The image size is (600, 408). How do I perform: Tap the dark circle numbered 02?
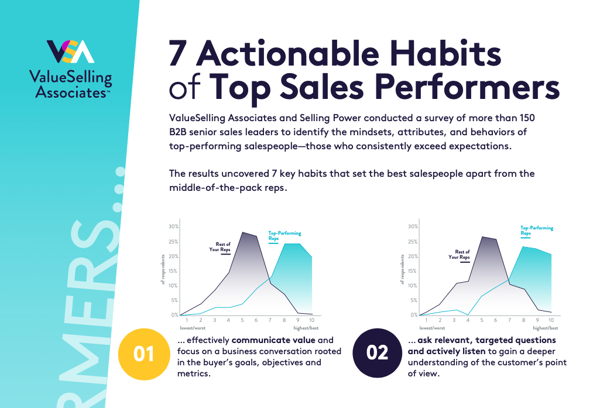(x=378, y=352)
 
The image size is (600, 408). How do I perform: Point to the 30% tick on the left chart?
(x=173, y=227)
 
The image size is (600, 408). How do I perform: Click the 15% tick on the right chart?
(x=413, y=271)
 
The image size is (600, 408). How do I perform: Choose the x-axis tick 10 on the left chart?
(x=312, y=321)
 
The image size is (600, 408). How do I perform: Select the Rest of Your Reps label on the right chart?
(x=460, y=254)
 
